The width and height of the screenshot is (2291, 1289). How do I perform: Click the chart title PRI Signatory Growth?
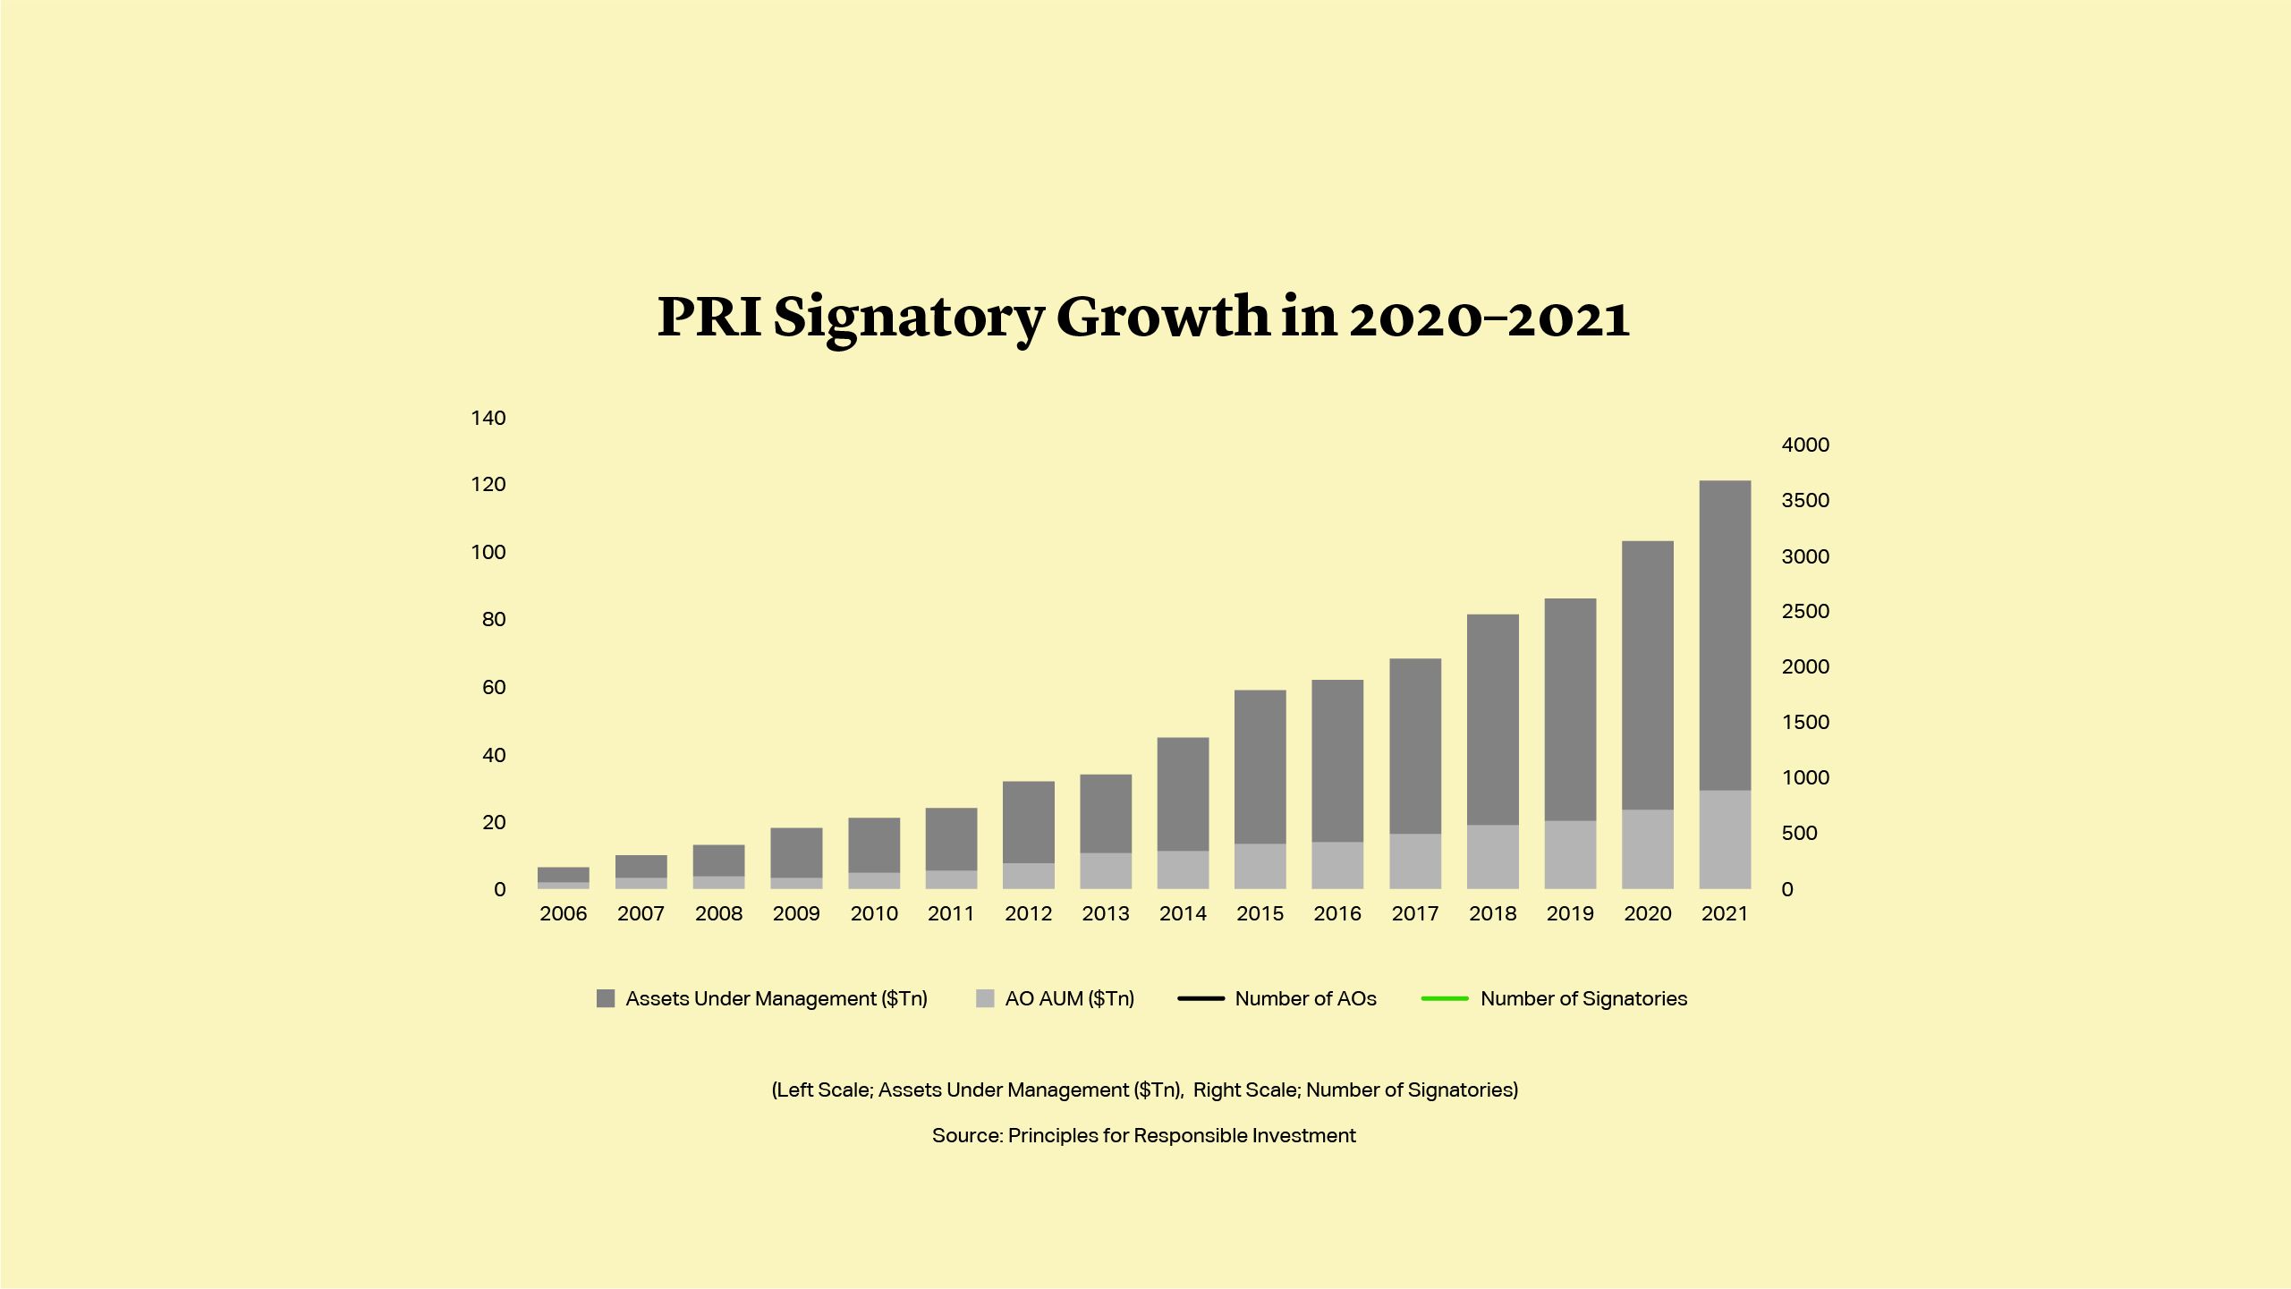(x=1143, y=318)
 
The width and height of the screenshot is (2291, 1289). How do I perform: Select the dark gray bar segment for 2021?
(x=1725, y=635)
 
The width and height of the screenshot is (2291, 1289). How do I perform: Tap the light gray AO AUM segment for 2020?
(x=1647, y=849)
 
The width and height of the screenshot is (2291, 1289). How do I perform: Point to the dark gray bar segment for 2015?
(x=1260, y=767)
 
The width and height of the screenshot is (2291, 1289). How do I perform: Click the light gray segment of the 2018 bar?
(x=1492, y=856)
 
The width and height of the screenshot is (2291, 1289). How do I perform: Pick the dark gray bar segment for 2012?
(x=1028, y=822)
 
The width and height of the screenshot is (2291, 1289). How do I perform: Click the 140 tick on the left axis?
(x=488, y=418)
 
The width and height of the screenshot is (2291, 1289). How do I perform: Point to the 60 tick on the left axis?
(x=494, y=687)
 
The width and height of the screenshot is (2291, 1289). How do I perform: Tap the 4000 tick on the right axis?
(x=1805, y=445)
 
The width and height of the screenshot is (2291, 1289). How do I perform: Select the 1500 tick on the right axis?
(x=1805, y=722)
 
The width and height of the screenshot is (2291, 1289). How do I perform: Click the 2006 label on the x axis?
(x=564, y=913)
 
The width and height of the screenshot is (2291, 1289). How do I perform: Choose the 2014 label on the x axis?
(x=1183, y=913)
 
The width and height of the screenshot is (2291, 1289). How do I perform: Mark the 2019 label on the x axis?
(x=1570, y=913)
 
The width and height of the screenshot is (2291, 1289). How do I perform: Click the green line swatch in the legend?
(x=1445, y=998)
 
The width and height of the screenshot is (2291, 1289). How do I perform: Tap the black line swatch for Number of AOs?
(x=1201, y=998)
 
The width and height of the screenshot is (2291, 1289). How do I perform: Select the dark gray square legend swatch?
(x=606, y=998)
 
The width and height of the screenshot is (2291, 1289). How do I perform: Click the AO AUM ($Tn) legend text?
(x=1069, y=998)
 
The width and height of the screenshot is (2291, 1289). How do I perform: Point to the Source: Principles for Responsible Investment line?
(x=1143, y=1135)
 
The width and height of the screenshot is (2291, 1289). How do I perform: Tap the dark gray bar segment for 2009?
(x=796, y=852)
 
